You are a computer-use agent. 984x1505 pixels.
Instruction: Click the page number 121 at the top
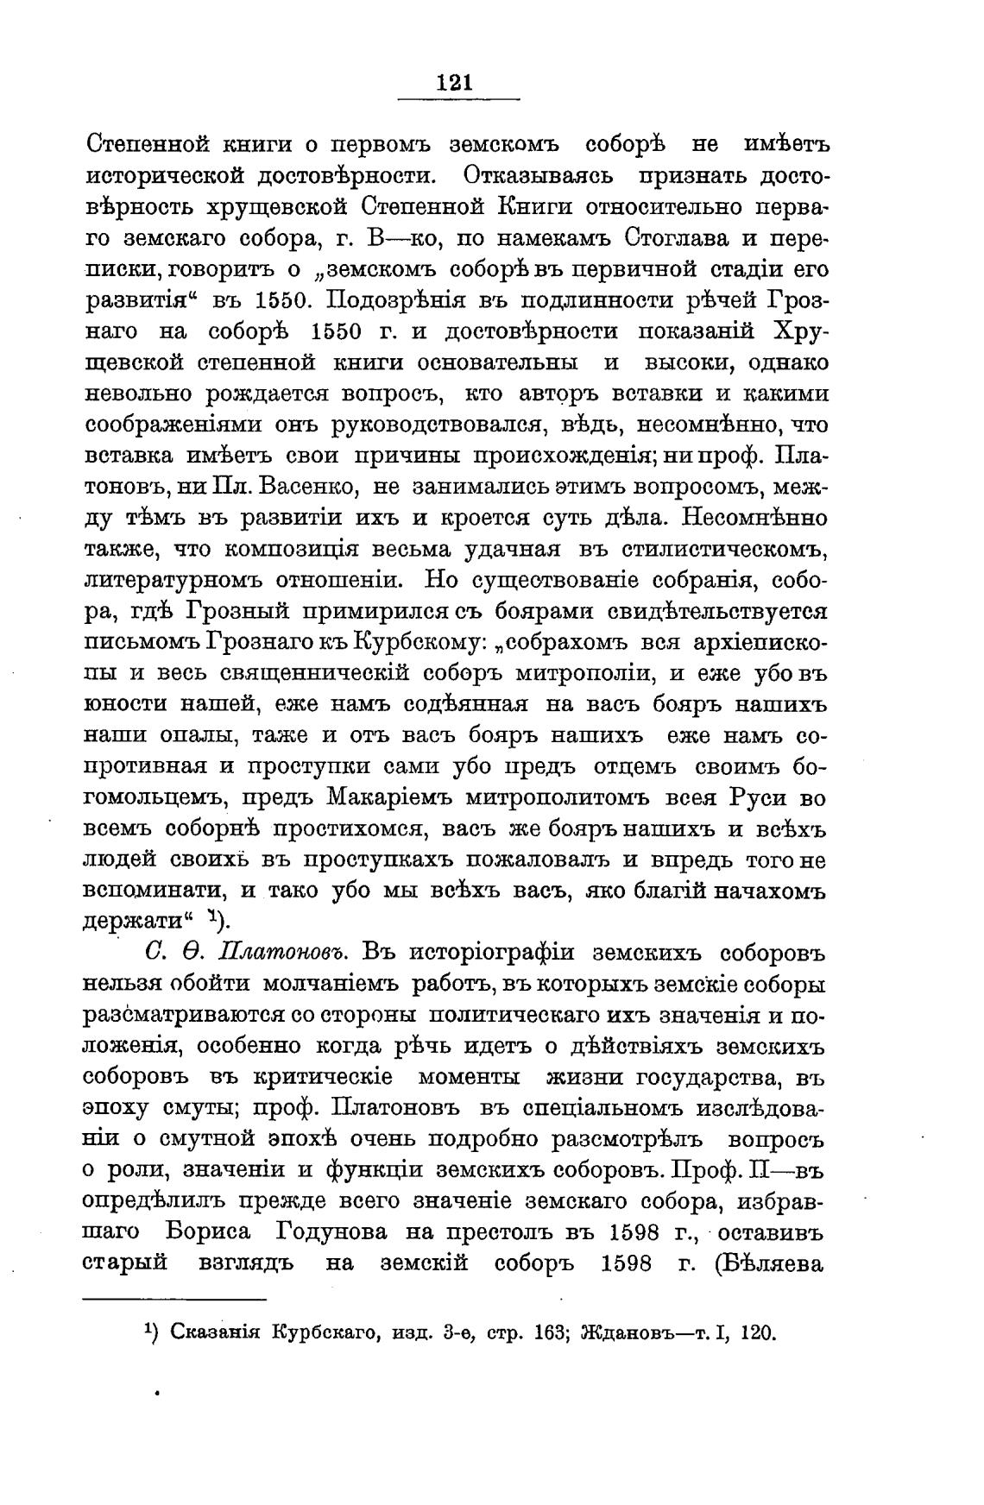click(454, 83)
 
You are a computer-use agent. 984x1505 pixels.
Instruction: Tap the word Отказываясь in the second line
click(538, 175)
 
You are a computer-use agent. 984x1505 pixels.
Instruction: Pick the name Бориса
click(184, 1232)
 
